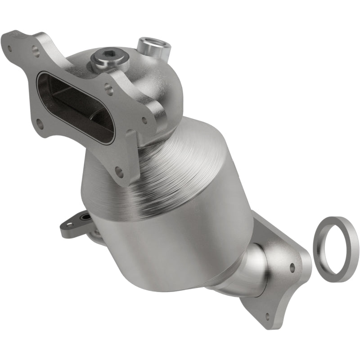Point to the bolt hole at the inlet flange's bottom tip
coord(119,171)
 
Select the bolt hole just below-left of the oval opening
coord(40,121)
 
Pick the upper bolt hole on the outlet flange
coord(292,267)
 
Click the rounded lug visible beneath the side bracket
coord(95,233)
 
